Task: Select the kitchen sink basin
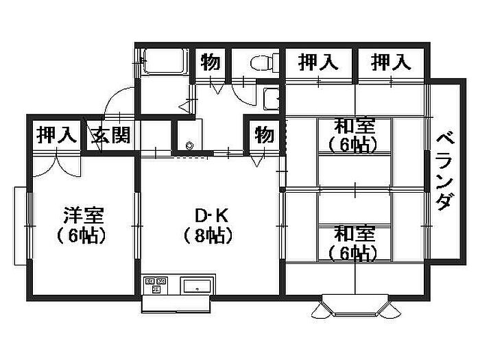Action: (197, 286)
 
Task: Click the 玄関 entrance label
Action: (112, 134)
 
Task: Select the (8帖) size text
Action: (208, 237)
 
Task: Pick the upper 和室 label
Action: (354, 125)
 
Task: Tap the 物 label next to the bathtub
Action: (210, 63)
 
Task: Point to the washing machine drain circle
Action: (190, 145)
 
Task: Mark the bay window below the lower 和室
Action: (355, 306)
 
